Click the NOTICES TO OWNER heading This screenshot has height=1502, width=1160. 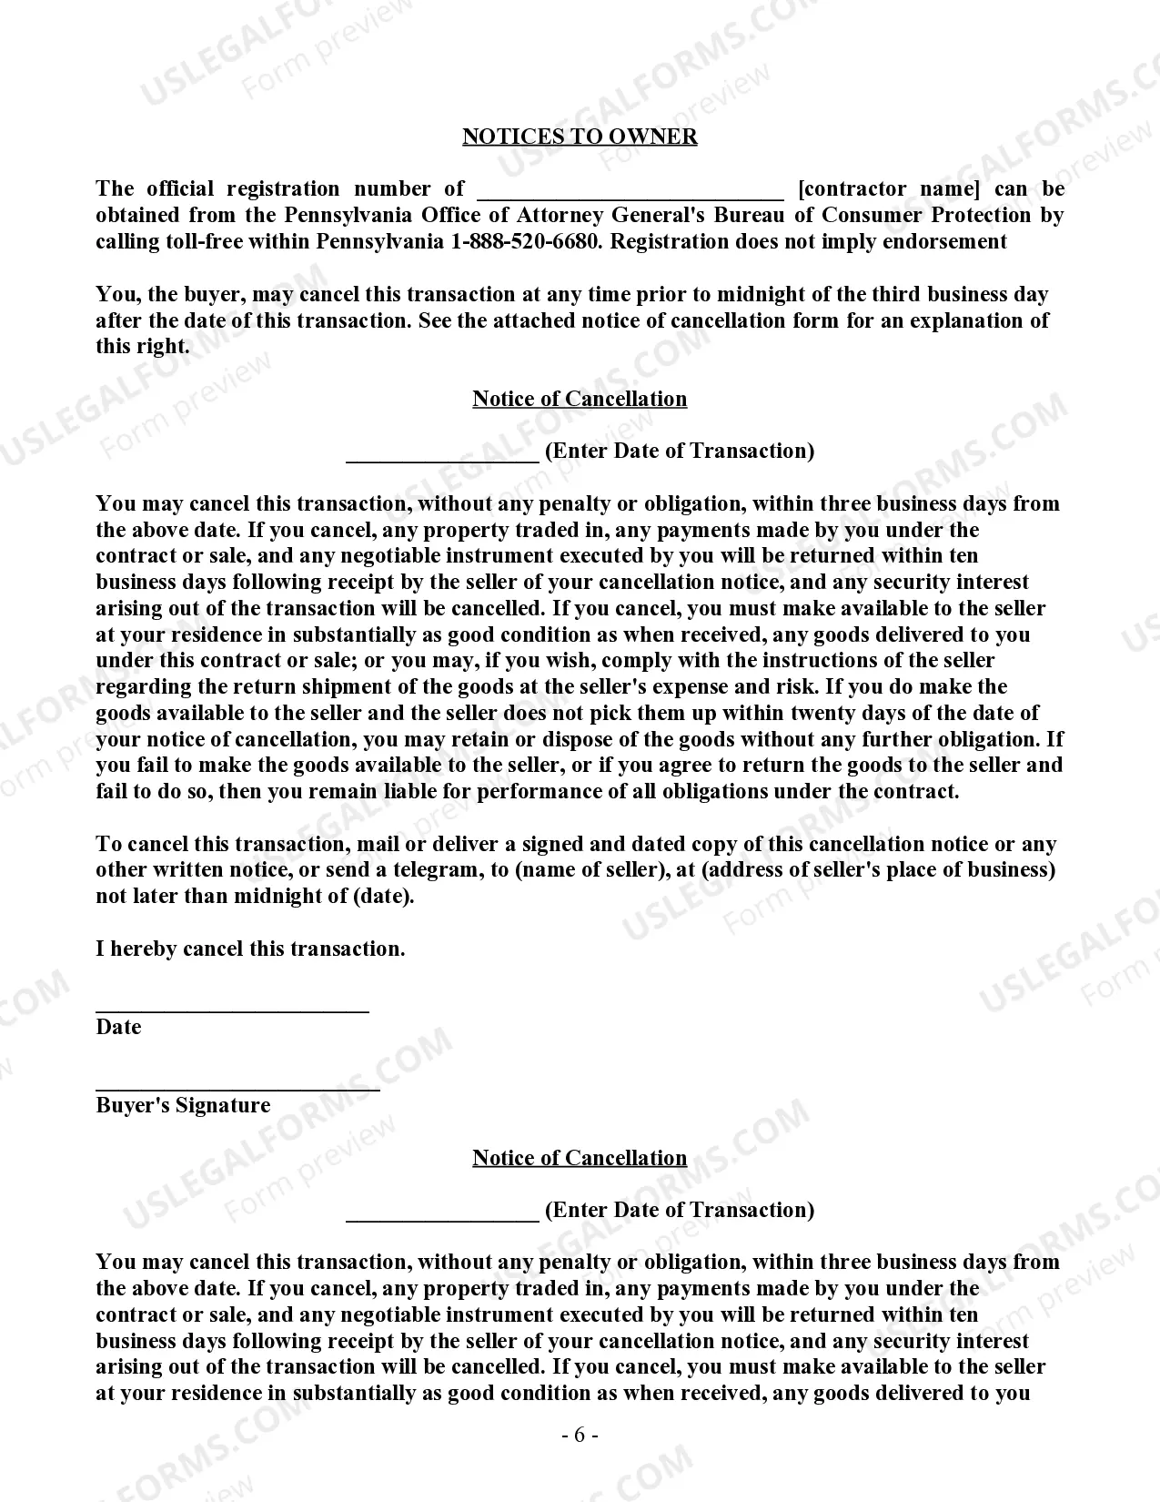click(x=580, y=137)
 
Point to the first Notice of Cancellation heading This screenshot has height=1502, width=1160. click(x=580, y=400)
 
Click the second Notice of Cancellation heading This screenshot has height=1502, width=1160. click(x=580, y=1158)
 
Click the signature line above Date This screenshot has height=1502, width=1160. click(x=232, y=1009)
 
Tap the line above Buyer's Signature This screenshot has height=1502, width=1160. click(x=237, y=1087)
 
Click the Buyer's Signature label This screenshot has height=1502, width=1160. click(x=183, y=1106)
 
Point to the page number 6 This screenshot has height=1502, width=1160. click(x=580, y=1436)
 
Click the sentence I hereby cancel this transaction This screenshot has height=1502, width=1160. click(x=250, y=949)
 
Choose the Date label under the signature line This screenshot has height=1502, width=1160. click(x=118, y=1028)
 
